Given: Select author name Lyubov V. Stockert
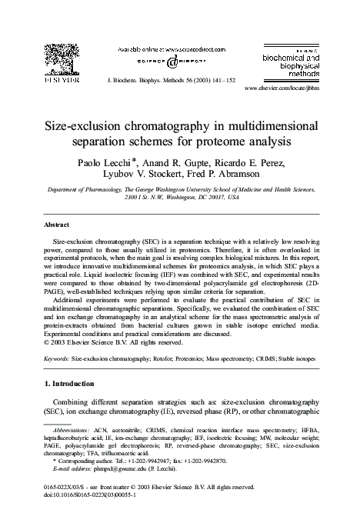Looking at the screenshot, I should [x=142, y=178].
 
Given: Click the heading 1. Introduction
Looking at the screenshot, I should [x=74, y=383].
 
